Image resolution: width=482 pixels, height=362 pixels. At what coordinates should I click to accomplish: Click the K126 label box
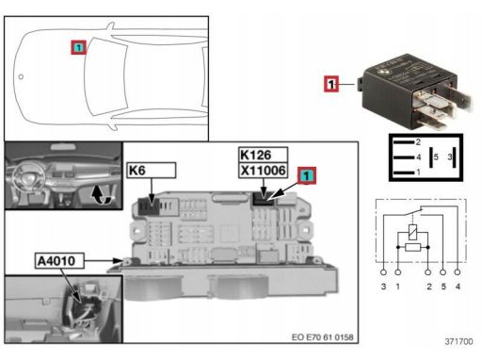263,155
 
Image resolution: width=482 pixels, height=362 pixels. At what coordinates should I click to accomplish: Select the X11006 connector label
263,171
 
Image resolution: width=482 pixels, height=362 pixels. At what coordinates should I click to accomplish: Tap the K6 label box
152,171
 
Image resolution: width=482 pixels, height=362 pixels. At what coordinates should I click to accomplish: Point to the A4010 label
59,260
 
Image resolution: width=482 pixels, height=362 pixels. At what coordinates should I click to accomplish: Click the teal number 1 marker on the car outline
78,47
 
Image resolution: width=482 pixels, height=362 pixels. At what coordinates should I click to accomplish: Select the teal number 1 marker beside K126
307,175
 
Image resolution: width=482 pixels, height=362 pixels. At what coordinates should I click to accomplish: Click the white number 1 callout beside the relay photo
331,84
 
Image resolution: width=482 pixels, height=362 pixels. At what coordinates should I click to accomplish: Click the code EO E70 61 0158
322,337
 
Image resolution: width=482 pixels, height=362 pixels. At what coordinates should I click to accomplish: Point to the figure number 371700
458,341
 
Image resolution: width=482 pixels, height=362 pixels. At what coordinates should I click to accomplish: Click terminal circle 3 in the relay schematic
383,272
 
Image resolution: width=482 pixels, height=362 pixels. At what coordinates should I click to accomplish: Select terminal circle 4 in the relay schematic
458,272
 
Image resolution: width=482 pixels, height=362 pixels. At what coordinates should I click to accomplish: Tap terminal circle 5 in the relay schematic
442,272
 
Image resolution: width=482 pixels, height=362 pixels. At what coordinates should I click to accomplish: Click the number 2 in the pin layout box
418,142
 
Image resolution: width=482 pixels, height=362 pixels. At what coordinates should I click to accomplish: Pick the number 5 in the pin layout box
436,156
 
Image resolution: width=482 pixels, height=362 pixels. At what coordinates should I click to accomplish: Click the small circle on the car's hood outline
21,76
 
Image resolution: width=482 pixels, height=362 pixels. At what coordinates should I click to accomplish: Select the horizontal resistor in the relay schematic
412,247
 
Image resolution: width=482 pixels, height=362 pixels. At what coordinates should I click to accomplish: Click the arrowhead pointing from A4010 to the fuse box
118,260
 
